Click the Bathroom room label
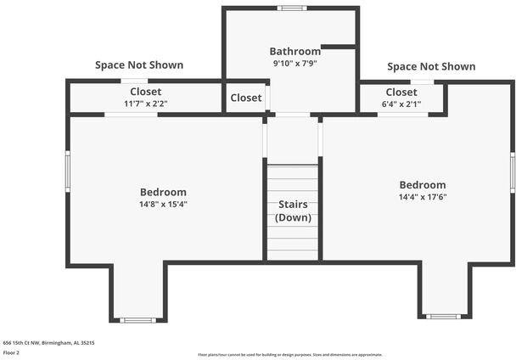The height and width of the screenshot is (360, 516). pos(295,51)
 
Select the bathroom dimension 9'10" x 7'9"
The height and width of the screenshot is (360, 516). pos(295,63)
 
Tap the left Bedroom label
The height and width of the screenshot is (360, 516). pos(163,192)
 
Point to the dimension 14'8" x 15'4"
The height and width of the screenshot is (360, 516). pos(163,204)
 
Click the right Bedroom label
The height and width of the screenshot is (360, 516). pos(423,185)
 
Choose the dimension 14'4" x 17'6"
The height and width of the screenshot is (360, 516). pos(423,197)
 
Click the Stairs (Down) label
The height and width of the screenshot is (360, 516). pos(293,211)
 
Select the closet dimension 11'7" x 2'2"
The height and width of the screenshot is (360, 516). pos(146,104)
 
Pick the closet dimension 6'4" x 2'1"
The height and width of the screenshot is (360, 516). pos(401,104)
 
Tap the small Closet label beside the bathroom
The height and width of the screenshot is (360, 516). pos(246,98)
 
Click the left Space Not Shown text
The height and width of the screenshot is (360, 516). pos(139,65)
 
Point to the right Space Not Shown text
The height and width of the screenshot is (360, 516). pos(431,66)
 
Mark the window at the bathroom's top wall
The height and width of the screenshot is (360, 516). pos(292,8)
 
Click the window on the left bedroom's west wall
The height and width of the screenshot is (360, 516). pos(68,172)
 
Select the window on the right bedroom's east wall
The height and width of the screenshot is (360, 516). pos(513,172)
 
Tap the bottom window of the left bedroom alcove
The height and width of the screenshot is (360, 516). pos(137,320)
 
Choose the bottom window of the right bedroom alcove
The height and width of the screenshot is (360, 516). pos(442,317)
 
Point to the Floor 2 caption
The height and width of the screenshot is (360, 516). pos(11,352)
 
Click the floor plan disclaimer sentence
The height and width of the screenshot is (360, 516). pos(289,355)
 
